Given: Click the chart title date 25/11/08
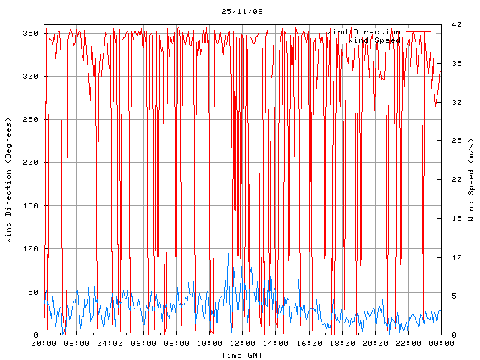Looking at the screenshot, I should (x=242, y=12).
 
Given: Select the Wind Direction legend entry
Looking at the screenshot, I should (x=364, y=32).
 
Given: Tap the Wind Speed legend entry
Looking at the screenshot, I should (x=374, y=40).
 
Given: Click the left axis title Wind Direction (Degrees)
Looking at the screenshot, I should (x=8, y=180).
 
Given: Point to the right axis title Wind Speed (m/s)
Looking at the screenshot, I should (x=471, y=180).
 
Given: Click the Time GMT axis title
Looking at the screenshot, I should (x=242, y=355).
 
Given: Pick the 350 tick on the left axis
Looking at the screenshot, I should (x=31, y=34).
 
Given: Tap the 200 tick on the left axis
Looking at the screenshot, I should (x=31, y=163).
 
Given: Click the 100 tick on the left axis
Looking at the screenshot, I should (x=31, y=249).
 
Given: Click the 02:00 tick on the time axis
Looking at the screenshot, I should (x=77, y=343).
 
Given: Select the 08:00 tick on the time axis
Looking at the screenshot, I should (x=176, y=343).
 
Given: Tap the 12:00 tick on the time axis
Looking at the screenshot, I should (x=242, y=343).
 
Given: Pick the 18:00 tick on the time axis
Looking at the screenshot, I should (x=341, y=343).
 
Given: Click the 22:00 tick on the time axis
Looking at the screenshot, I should (x=407, y=343).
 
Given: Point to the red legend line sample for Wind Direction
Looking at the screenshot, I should (x=418, y=32).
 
